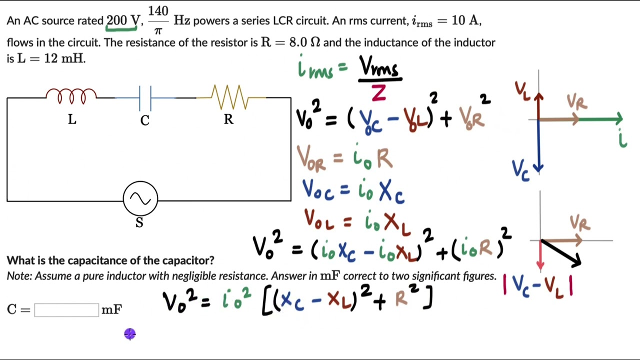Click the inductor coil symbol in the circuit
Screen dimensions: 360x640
coord(71,95)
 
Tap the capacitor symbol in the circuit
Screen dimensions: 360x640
coord(145,97)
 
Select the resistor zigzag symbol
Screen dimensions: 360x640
coord(228,96)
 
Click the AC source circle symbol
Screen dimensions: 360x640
coord(140,199)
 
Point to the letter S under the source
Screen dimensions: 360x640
coord(139,223)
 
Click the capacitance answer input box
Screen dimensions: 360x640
coord(66,310)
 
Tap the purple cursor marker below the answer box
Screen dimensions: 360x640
coord(130,334)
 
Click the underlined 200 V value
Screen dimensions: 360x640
coord(122,21)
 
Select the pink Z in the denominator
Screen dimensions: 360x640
coord(378,93)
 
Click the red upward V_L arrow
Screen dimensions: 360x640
coord(538,106)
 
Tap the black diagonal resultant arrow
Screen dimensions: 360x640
coord(561,253)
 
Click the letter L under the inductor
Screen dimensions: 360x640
coord(72,119)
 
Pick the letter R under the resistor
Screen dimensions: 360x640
coord(228,119)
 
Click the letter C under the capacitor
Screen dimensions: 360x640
coord(145,120)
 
